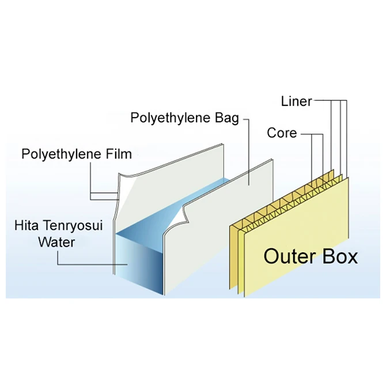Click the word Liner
296,102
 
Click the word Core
282,133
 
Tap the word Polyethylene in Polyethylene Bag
167,118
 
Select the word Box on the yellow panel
338,256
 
